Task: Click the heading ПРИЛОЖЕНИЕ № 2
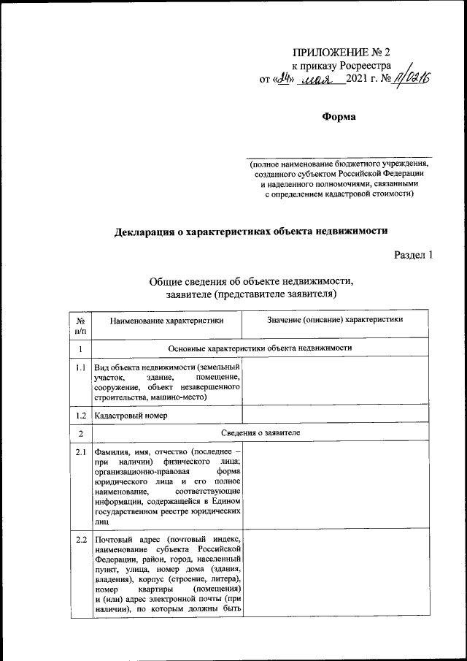[341, 53]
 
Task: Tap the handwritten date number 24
[285, 79]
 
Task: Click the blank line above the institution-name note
[339, 156]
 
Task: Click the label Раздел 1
[414, 256]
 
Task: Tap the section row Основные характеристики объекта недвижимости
[260, 348]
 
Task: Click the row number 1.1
[80, 368]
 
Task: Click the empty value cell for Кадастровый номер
[335, 416]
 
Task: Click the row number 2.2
[80, 540]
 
